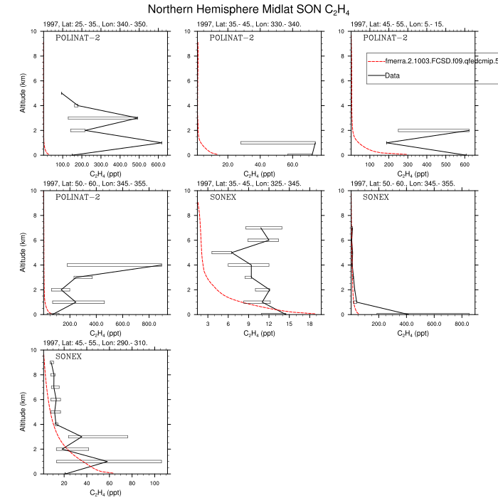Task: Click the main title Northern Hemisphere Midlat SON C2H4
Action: click(248, 9)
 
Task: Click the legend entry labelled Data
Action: click(393, 75)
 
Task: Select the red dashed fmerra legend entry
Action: click(427, 62)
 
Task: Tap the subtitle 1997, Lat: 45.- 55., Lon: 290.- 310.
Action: click(95, 343)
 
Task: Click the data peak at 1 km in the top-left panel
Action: click(161, 143)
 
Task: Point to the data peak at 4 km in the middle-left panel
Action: click(161, 265)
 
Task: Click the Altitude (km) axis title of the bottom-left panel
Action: click(23, 412)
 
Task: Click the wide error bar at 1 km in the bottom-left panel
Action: click(109, 462)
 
